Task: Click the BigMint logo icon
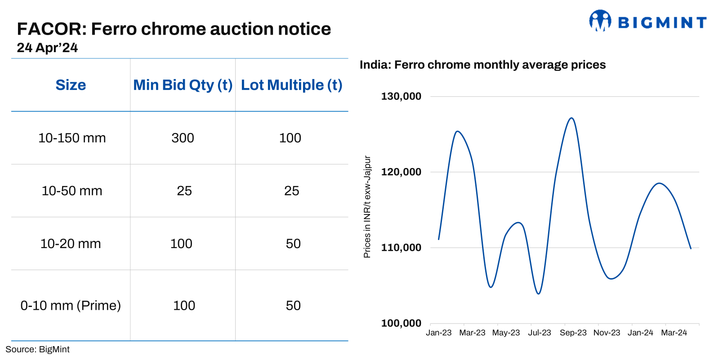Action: coord(600,21)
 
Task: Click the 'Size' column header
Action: coord(71,85)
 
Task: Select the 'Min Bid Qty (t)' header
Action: coord(183,85)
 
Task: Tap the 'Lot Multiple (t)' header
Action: coord(291,85)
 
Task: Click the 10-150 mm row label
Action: coord(72,138)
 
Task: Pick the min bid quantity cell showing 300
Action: coord(183,138)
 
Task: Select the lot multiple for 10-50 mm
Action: coord(291,191)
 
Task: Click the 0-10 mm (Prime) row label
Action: coord(71,306)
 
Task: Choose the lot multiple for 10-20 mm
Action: coord(293,244)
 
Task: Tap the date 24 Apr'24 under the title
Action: coord(47,48)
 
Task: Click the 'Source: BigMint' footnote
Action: coord(37,349)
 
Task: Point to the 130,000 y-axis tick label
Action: coord(401,96)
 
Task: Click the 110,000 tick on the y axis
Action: coord(401,248)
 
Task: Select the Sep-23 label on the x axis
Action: coord(573,333)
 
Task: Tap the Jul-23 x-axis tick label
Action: coord(539,333)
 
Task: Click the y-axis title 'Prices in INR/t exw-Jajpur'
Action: coord(367,207)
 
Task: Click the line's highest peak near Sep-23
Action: coord(571,118)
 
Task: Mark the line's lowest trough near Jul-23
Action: coord(539,294)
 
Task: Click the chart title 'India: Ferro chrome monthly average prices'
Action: coord(482,65)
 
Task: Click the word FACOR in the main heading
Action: coord(51,29)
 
